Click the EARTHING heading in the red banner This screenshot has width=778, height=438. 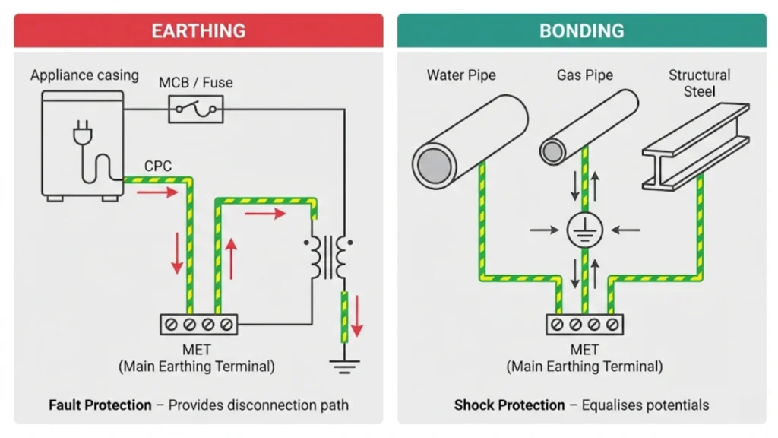[198, 30]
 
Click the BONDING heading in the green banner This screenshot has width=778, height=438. [581, 30]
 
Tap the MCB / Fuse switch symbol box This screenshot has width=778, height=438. [195, 109]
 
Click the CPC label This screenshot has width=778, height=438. [157, 166]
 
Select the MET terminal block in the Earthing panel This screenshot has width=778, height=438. [198, 324]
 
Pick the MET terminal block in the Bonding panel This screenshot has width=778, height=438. [585, 324]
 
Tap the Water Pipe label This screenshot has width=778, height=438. [461, 75]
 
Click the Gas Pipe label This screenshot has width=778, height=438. [584, 75]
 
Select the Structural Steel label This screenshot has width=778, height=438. [699, 83]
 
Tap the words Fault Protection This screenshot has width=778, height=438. [100, 405]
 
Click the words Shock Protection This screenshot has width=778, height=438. [509, 405]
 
